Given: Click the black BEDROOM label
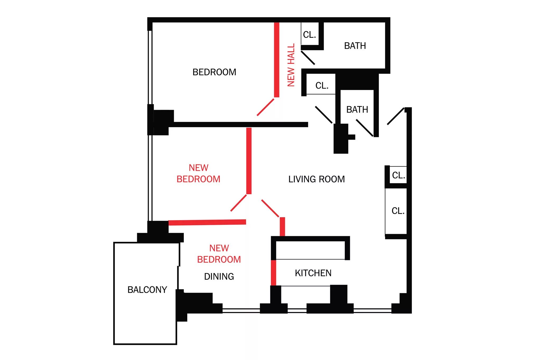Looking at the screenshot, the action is (214, 72).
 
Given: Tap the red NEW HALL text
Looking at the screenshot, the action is (291, 65).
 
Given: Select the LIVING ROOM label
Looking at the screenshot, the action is (316, 179).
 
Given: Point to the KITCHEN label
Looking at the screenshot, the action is (313, 273).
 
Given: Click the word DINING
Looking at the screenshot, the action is (219, 276).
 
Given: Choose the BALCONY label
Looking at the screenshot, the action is (147, 290).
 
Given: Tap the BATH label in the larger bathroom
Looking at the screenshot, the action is (355, 46).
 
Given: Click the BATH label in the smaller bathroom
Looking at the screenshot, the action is (357, 109).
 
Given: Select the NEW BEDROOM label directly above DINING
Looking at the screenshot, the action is (219, 254).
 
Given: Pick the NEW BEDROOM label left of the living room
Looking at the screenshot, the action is (198, 173).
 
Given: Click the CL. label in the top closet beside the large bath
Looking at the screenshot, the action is (310, 35).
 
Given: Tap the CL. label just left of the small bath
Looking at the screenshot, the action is (322, 86).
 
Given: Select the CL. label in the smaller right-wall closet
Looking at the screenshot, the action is (399, 175).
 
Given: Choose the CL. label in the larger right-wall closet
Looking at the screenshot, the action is (398, 211).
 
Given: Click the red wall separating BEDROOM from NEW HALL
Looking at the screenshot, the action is (277, 60).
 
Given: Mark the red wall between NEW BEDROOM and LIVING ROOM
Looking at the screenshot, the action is (249, 161).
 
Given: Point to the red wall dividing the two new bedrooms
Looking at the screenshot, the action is (207, 222).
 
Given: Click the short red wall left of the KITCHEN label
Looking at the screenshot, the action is (273, 273).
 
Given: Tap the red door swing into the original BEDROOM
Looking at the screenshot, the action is (265, 107).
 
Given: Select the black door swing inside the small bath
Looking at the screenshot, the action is (365, 128).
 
